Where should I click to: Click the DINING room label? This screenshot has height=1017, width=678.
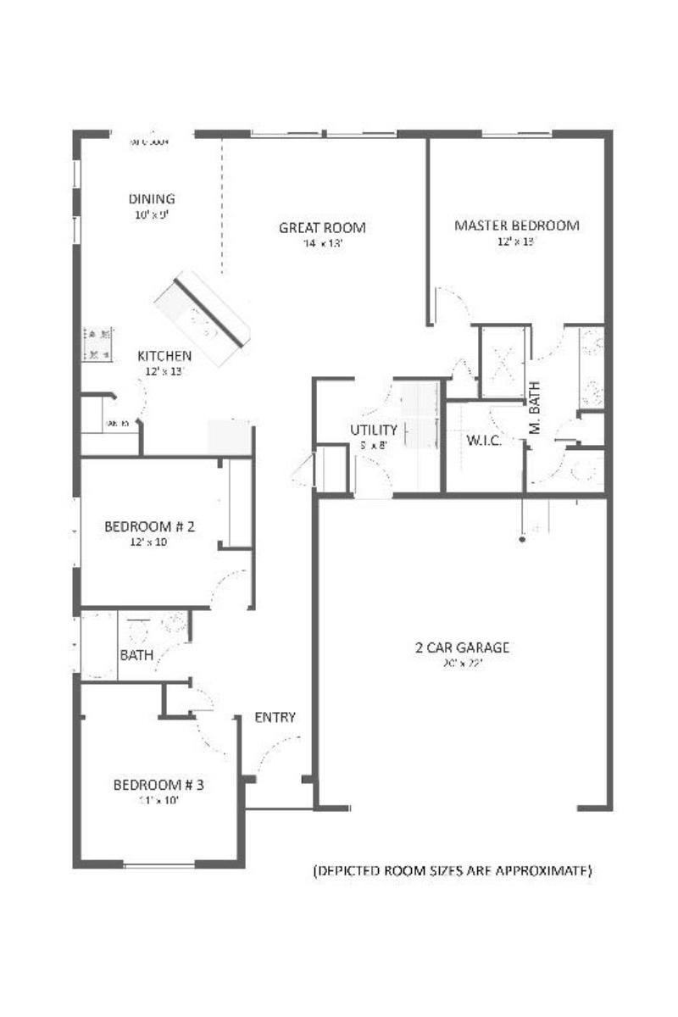152,199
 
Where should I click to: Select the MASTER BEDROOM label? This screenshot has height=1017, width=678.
516,225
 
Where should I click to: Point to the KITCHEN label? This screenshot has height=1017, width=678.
164,356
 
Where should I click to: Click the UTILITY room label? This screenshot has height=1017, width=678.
374,430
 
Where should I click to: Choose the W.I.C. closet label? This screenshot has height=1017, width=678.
485,441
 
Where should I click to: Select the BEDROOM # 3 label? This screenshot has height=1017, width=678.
158,785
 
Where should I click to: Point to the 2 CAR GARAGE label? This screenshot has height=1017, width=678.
462,648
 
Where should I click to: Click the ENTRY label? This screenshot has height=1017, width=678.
275,718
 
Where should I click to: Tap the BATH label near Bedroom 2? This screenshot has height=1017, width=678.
136,655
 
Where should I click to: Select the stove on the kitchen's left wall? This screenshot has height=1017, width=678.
98,344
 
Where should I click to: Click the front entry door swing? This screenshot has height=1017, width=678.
278,754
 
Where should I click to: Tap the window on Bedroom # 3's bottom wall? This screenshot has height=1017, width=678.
158,864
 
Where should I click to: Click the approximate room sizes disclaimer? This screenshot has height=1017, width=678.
453,870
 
